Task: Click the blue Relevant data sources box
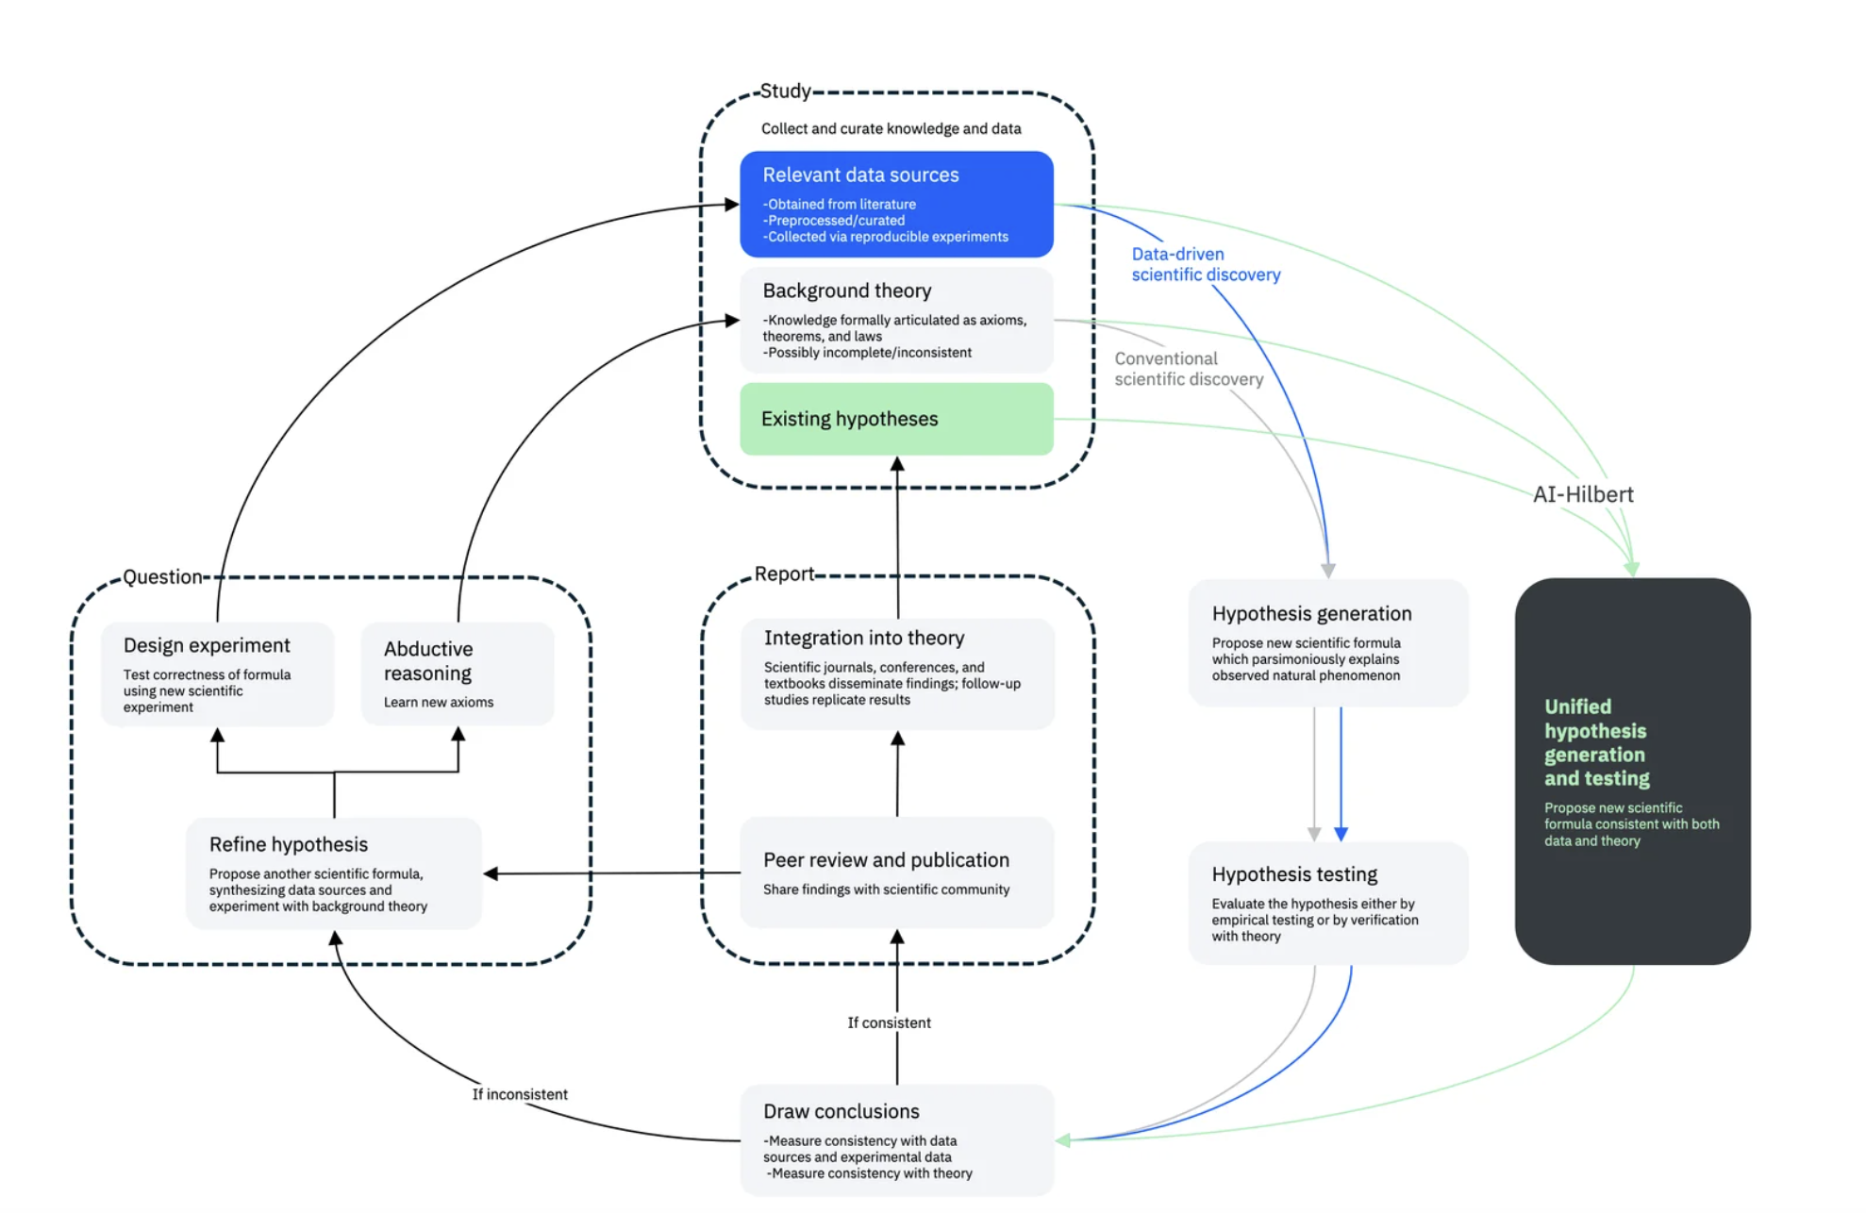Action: point(896,204)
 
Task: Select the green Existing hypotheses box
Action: point(896,419)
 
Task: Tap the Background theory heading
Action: point(846,291)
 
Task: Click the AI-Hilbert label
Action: point(1582,494)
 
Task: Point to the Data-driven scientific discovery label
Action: point(1205,264)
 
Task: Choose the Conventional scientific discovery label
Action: point(1188,369)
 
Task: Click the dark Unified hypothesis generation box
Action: point(1632,771)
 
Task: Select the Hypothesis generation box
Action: point(1327,643)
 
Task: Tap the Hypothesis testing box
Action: point(1327,903)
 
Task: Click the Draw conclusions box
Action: point(896,1140)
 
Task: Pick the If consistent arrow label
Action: point(889,1022)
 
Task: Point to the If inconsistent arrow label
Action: point(520,1094)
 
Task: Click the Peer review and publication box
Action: point(896,872)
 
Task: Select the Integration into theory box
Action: point(896,673)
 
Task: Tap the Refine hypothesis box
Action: point(334,873)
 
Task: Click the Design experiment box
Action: point(217,673)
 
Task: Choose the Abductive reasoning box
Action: point(458,673)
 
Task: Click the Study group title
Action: point(785,91)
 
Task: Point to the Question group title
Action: point(162,576)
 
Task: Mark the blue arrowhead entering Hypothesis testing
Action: point(1341,834)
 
